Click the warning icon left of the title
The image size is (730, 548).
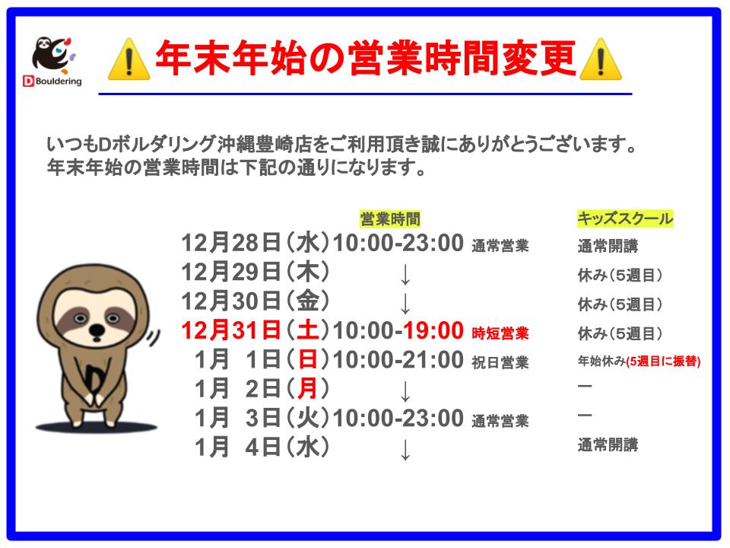point(129,59)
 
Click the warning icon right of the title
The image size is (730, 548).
point(601,59)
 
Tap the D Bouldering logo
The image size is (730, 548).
point(52,62)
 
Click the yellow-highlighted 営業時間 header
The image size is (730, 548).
point(390,218)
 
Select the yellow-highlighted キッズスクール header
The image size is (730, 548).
point(625,218)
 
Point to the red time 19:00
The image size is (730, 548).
point(433,330)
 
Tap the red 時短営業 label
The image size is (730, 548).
point(500,333)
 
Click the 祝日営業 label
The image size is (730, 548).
point(500,362)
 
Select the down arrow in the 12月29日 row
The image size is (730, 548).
point(405,275)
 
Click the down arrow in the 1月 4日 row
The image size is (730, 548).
point(405,450)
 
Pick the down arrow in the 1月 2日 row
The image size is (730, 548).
point(405,391)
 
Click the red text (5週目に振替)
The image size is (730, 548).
point(663,361)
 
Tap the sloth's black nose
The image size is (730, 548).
point(97,330)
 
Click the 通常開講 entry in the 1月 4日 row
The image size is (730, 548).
point(608,445)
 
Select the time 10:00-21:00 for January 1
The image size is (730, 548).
point(398,360)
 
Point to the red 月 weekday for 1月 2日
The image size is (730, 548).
point(308,389)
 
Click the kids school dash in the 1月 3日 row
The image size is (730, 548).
point(585,416)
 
